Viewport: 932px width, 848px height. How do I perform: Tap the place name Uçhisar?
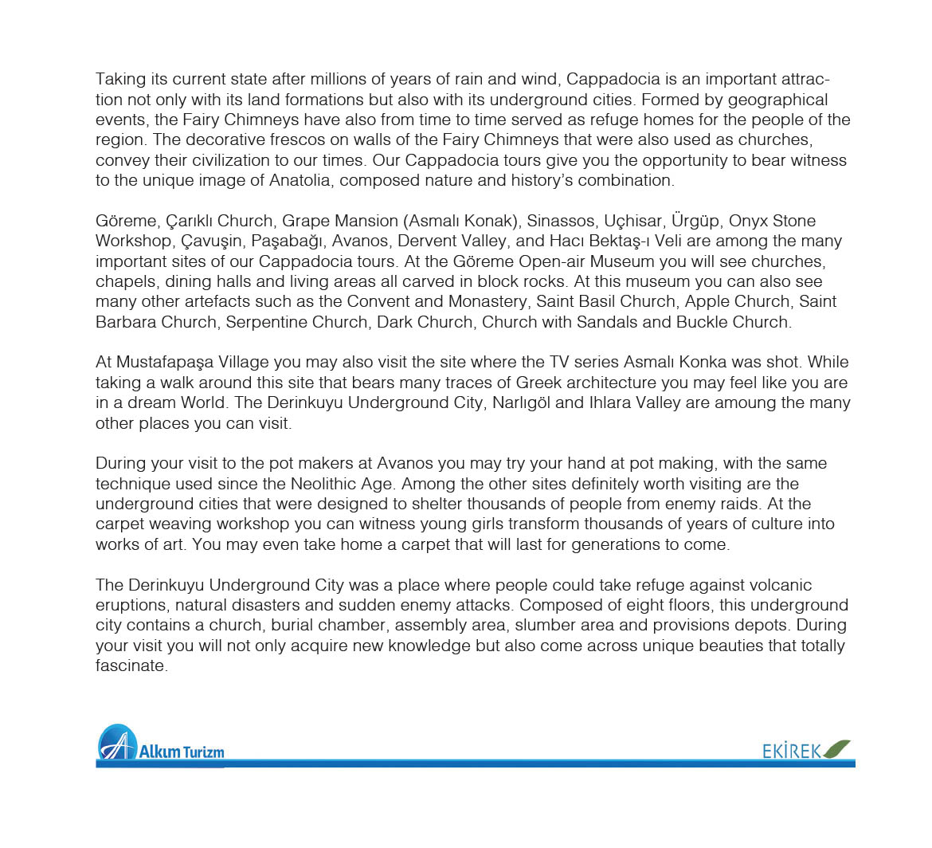[633, 221]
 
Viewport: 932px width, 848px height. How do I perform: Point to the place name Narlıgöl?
[519, 402]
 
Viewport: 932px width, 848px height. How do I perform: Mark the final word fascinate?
[131, 666]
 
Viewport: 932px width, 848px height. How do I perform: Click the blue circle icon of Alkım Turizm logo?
[117, 744]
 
